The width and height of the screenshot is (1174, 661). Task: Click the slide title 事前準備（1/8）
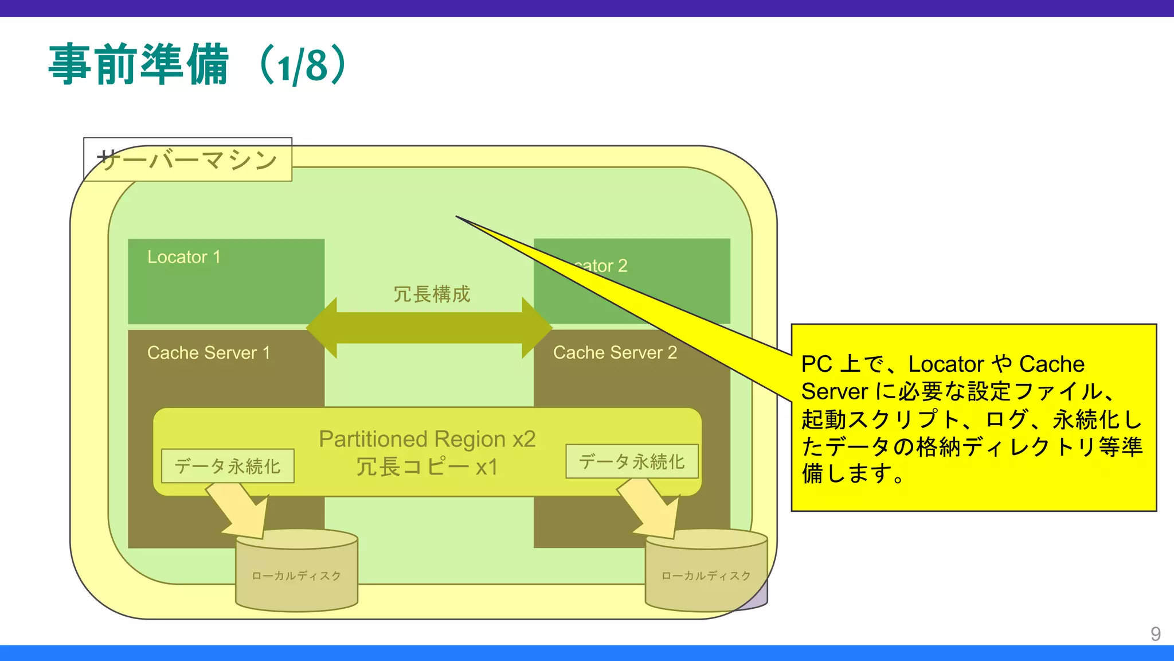198,65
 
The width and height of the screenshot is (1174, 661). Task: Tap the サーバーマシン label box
187,160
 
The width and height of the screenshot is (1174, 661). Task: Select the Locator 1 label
183,257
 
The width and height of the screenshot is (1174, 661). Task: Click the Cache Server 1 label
208,352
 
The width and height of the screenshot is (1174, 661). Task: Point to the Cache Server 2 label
615,352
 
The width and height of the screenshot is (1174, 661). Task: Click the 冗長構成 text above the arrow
431,294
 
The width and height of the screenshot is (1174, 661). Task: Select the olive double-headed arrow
429,328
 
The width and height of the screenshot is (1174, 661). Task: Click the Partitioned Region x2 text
427,439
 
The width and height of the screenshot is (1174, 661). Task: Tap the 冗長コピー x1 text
427,467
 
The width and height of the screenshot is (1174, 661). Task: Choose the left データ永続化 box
228,466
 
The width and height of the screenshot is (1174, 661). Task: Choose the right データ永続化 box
632,461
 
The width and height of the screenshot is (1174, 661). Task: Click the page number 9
1156,633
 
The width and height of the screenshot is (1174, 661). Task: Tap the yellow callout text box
973,418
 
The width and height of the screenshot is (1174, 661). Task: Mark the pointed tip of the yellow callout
457,217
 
